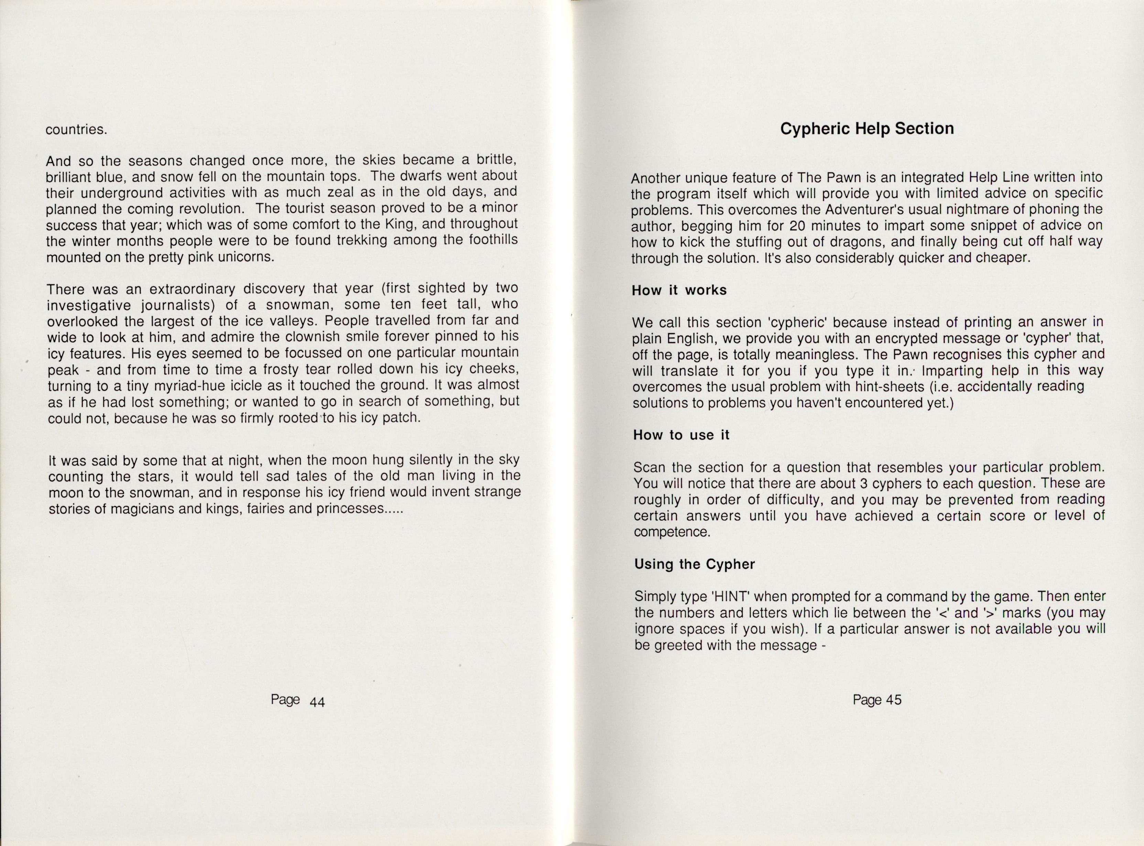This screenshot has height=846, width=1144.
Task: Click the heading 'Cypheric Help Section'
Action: [x=867, y=128]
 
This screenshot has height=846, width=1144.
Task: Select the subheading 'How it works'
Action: [x=679, y=290]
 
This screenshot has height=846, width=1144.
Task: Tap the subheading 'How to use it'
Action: [x=681, y=435]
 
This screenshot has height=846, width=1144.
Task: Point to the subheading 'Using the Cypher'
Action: [x=695, y=564]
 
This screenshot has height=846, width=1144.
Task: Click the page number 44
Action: [x=317, y=702]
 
